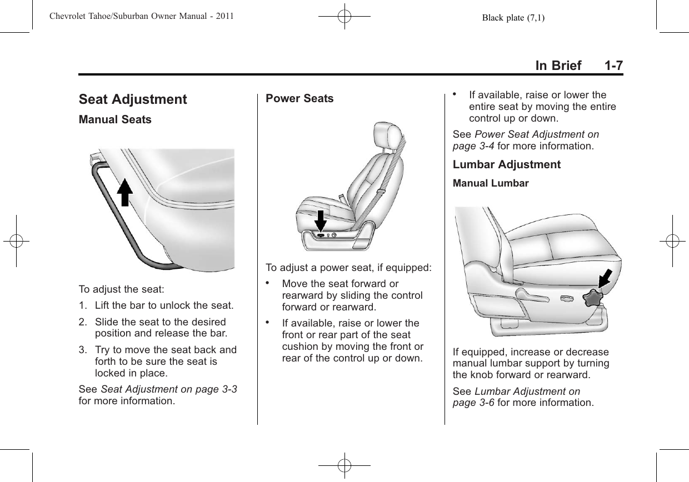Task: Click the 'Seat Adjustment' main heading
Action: click(133, 100)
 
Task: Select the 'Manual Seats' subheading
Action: click(115, 120)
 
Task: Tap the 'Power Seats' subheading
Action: click(299, 99)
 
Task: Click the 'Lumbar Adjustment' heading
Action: click(507, 165)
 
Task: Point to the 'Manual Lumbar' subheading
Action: click(491, 183)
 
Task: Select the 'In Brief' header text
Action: click(558, 66)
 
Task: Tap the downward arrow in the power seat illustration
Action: click(321, 221)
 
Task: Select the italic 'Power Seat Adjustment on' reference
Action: click(537, 135)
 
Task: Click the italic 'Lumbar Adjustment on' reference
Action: click(527, 391)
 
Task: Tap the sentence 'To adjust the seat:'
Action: click(121, 290)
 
